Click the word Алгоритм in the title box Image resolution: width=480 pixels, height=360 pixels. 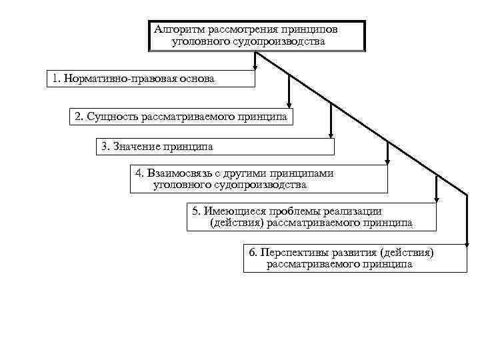click(180, 30)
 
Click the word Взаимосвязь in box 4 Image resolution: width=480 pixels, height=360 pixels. click(180, 173)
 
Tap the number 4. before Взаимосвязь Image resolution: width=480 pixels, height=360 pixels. click(139, 173)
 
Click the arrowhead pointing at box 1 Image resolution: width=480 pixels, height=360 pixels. click(255, 66)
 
